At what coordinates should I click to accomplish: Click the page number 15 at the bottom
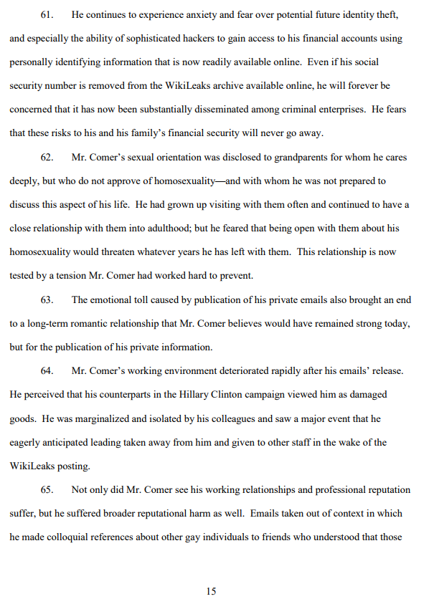(x=211, y=591)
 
